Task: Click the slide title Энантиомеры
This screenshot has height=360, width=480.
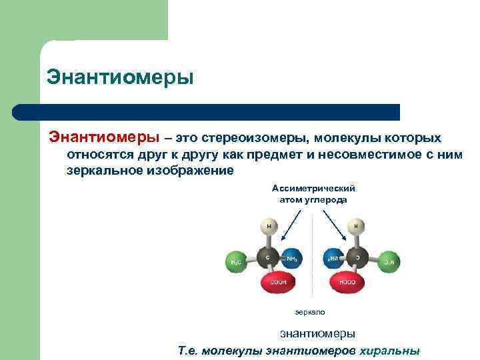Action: (x=120, y=77)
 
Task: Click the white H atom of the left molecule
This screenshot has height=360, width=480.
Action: (x=269, y=227)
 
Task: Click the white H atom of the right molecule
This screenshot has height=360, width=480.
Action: (x=357, y=227)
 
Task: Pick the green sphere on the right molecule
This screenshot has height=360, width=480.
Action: (x=389, y=261)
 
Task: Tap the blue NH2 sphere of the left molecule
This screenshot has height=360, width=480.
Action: (x=291, y=258)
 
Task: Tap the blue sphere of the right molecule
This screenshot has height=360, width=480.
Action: (x=333, y=258)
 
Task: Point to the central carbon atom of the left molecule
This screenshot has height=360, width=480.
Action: (x=269, y=257)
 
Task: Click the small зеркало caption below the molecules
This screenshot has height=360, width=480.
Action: (x=310, y=311)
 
